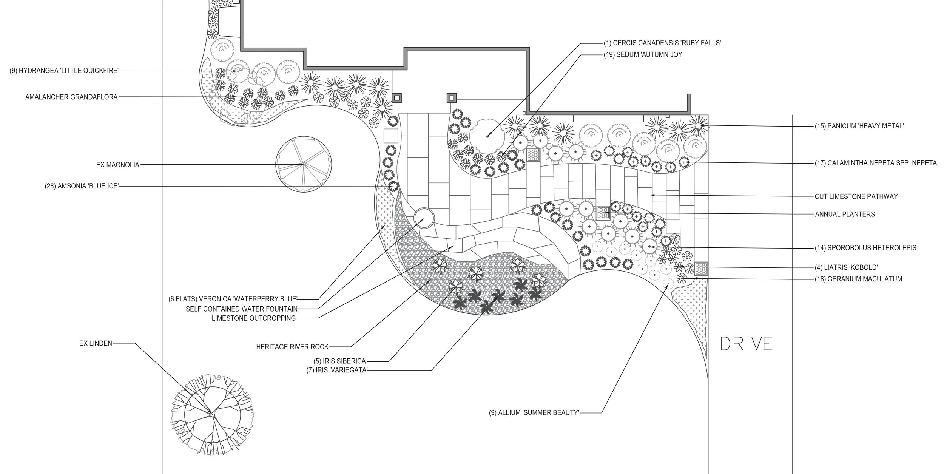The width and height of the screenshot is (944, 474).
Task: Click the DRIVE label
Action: pyautogui.click(x=746, y=344)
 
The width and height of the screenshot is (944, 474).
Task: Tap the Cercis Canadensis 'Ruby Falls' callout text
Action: pyautogui.click(x=662, y=43)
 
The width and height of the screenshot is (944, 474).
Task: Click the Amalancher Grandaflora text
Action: pyautogui.click(x=71, y=97)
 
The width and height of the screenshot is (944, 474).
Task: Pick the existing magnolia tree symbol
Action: pyautogui.click(x=304, y=165)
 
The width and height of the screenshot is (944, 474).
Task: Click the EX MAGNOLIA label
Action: pyautogui.click(x=118, y=165)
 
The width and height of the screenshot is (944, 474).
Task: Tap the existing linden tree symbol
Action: pyautogui.click(x=211, y=414)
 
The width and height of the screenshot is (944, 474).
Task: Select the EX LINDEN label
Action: pyautogui.click(x=96, y=344)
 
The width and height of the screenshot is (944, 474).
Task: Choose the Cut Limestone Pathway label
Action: pyautogui.click(x=855, y=196)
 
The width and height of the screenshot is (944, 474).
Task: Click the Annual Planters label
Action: pyautogui.click(x=845, y=214)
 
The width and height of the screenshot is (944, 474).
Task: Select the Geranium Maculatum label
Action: pyautogui.click(x=859, y=279)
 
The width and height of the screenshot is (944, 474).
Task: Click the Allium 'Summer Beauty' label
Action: pyautogui.click(x=534, y=413)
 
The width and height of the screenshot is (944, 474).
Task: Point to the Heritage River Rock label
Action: pyautogui.click(x=292, y=347)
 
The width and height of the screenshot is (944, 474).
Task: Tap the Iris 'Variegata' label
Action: pyautogui.click(x=337, y=370)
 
